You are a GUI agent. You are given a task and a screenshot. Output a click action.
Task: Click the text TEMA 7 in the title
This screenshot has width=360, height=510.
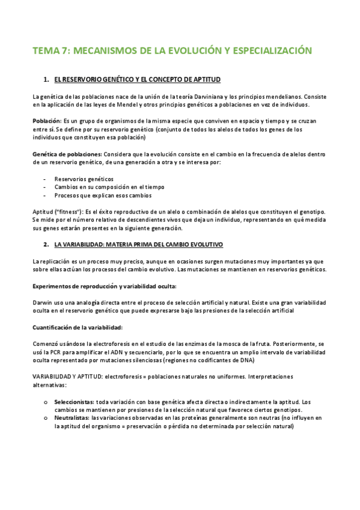click(50, 51)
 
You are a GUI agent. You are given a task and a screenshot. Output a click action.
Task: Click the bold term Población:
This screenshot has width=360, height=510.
click(47, 121)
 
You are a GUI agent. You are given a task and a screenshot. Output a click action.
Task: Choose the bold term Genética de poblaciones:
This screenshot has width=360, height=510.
click(67, 155)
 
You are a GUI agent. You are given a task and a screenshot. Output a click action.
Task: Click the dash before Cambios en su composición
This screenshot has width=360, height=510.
click(46, 187)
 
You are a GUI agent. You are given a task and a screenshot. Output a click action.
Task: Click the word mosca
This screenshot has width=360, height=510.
click(237, 343)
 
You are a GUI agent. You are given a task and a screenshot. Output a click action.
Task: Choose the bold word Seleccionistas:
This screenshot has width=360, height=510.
click(74, 401)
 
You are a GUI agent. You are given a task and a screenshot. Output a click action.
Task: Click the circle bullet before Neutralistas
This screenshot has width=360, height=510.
click(46, 417)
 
